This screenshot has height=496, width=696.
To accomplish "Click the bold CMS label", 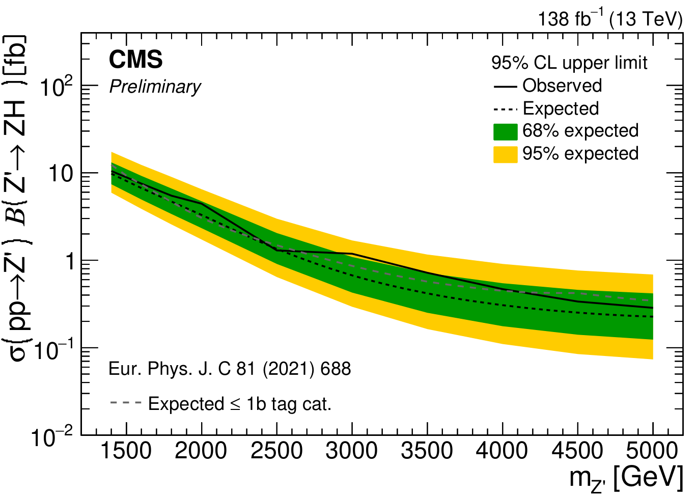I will click(135, 60).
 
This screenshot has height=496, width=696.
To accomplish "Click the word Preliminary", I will click(155, 87).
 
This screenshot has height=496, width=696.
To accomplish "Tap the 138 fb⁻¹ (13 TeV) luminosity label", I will click(610, 19).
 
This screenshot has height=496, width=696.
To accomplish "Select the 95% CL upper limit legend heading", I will click(569, 63).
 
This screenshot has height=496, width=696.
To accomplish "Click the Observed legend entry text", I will click(562, 86).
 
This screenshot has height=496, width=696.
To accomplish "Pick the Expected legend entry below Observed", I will click(561, 108).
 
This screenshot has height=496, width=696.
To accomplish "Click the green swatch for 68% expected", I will click(506, 131).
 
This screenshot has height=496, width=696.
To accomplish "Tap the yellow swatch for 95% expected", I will click(506, 154).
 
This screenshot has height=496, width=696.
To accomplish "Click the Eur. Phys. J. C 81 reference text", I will click(230, 369).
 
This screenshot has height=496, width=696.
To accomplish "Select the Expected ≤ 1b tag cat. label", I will click(240, 404).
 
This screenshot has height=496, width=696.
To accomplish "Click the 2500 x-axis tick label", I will click(277, 451).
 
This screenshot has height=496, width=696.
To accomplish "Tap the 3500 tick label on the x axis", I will click(427, 451).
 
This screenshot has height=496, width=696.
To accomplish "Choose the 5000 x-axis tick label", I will click(652, 451).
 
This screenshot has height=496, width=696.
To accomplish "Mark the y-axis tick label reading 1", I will click(70, 261).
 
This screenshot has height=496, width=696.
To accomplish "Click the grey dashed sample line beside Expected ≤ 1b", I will click(125, 403).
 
